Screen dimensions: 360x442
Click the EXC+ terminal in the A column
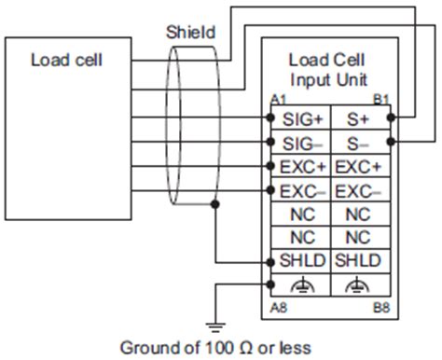click(300, 168)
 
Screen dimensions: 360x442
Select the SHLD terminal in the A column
click(300, 261)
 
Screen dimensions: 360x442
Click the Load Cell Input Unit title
click(329, 71)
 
